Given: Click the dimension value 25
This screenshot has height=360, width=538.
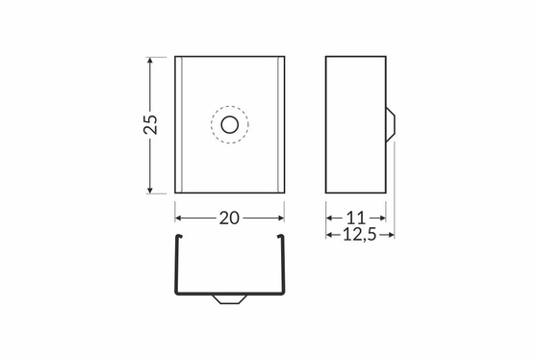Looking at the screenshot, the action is coord(151,124).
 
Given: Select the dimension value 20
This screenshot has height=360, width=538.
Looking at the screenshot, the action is coord(229,218).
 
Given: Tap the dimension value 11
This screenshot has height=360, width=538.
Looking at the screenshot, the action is coord(356,218).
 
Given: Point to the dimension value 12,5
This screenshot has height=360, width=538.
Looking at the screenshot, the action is coord(360,235).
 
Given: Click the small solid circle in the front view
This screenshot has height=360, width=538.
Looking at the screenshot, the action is coord(230,124).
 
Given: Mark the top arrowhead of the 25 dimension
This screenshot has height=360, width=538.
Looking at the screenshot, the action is coord(149,61).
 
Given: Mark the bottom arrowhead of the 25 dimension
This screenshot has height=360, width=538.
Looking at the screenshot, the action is coord(149,190).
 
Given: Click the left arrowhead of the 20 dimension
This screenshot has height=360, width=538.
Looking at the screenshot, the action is coord(178,218).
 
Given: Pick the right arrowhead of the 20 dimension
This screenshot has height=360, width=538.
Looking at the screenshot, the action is coord(280,218).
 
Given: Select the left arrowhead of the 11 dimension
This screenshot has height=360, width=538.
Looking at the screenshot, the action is coord(330,218).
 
